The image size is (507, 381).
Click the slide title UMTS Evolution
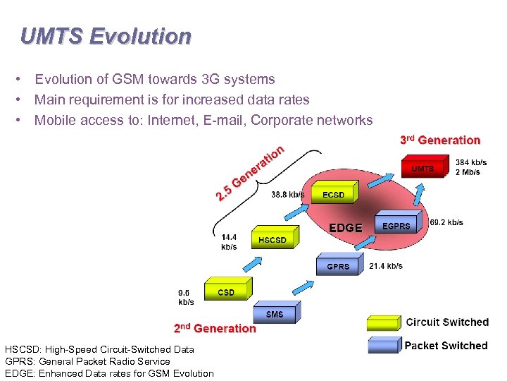pos(106,36)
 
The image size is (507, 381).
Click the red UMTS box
pos(423,169)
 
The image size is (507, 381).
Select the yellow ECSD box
pos(333,194)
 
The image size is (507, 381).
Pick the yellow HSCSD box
pos(272,239)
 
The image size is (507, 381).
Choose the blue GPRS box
pos(338,266)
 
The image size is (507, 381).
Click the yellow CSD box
pos(226,291)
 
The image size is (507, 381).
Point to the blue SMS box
pos(275,313)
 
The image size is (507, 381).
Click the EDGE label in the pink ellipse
pos(346,228)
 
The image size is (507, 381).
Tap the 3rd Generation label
pos(440,140)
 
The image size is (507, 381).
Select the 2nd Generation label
pos(215,328)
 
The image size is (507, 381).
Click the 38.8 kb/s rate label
pos(288,194)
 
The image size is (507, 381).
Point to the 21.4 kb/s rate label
pos(386,266)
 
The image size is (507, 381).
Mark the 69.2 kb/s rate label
pos(446,222)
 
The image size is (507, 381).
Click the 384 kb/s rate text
pos(470,162)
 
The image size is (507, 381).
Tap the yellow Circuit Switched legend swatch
pos(382,323)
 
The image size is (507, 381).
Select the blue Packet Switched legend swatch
pos(382,346)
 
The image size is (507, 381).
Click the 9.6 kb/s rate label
pos(186,296)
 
